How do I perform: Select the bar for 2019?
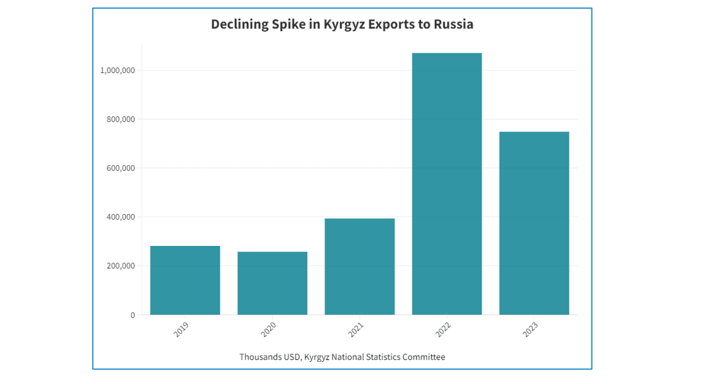click(185, 280)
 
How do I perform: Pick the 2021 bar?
click(359, 267)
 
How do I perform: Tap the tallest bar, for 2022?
click(447, 184)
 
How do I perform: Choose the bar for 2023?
click(534, 223)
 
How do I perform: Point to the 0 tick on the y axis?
click(132, 315)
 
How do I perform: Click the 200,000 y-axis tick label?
click(117, 266)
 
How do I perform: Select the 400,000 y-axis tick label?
click(117, 217)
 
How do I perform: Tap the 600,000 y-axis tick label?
click(117, 168)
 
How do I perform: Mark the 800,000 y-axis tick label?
click(117, 119)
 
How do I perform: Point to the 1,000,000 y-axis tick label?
click(117, 71)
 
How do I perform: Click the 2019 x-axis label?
click(181, 330)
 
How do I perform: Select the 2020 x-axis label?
click(268, 330)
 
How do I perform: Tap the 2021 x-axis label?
click(356, 330)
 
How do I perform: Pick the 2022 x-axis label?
click(443, 330)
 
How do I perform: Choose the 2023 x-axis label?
click(530, 330)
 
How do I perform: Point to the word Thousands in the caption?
click(260, 357)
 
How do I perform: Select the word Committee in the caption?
click(424, 357)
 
